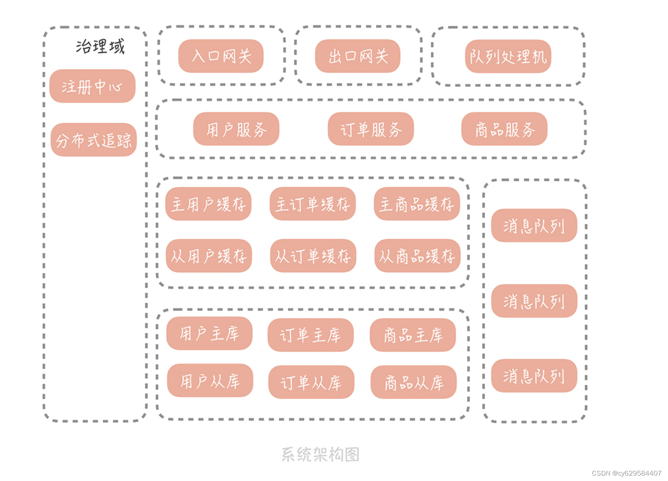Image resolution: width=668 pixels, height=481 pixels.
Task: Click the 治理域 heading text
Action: pyautogui.click(x=100, y=46)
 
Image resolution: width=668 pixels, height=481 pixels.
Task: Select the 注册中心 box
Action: pyautogui.click(x=92, y=86)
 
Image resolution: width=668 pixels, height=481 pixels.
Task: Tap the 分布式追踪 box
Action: pyautogui.click(x=93, y=140)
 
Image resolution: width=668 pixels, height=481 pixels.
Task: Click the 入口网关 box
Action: pyautogui.click(x=221, y=56)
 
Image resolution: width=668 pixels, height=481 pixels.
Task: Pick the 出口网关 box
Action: pyautogui.click(x=358, y=56)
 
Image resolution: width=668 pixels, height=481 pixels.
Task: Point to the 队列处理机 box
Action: pyautogui.click(x=508, y=56)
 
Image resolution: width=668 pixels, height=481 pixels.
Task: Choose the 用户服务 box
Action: pyautogui.click(x=236, y=129)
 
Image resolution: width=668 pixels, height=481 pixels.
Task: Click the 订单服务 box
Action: pyautogui.click(x=371, y=129)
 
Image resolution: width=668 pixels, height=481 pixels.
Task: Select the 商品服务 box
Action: pyautogui.click(x=504, y=129)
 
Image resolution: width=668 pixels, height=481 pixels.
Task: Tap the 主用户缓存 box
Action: pyautogui.click(x=208, y=204)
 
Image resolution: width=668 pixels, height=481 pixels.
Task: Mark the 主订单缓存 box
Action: pyautogui.click(x=312, y=204)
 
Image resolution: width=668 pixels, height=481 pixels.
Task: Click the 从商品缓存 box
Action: pyautogui.click(x=417, y=256)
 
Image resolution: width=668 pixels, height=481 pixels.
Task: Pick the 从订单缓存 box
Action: pyautogui.click(x=313, y=256)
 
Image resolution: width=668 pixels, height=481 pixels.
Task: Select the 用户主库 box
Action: pyautogui.click(x=209, y=334)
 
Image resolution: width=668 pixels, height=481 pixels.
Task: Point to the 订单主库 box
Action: pyautogui.click(x=310, y=335)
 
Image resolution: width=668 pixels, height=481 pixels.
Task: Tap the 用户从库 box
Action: pyautogui.click(x=210, y=381)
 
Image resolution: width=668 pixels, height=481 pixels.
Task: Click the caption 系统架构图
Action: pyautogui.click(x=320, y=454)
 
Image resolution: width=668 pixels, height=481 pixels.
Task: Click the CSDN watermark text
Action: pyautogui.click(x=626, y=473)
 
